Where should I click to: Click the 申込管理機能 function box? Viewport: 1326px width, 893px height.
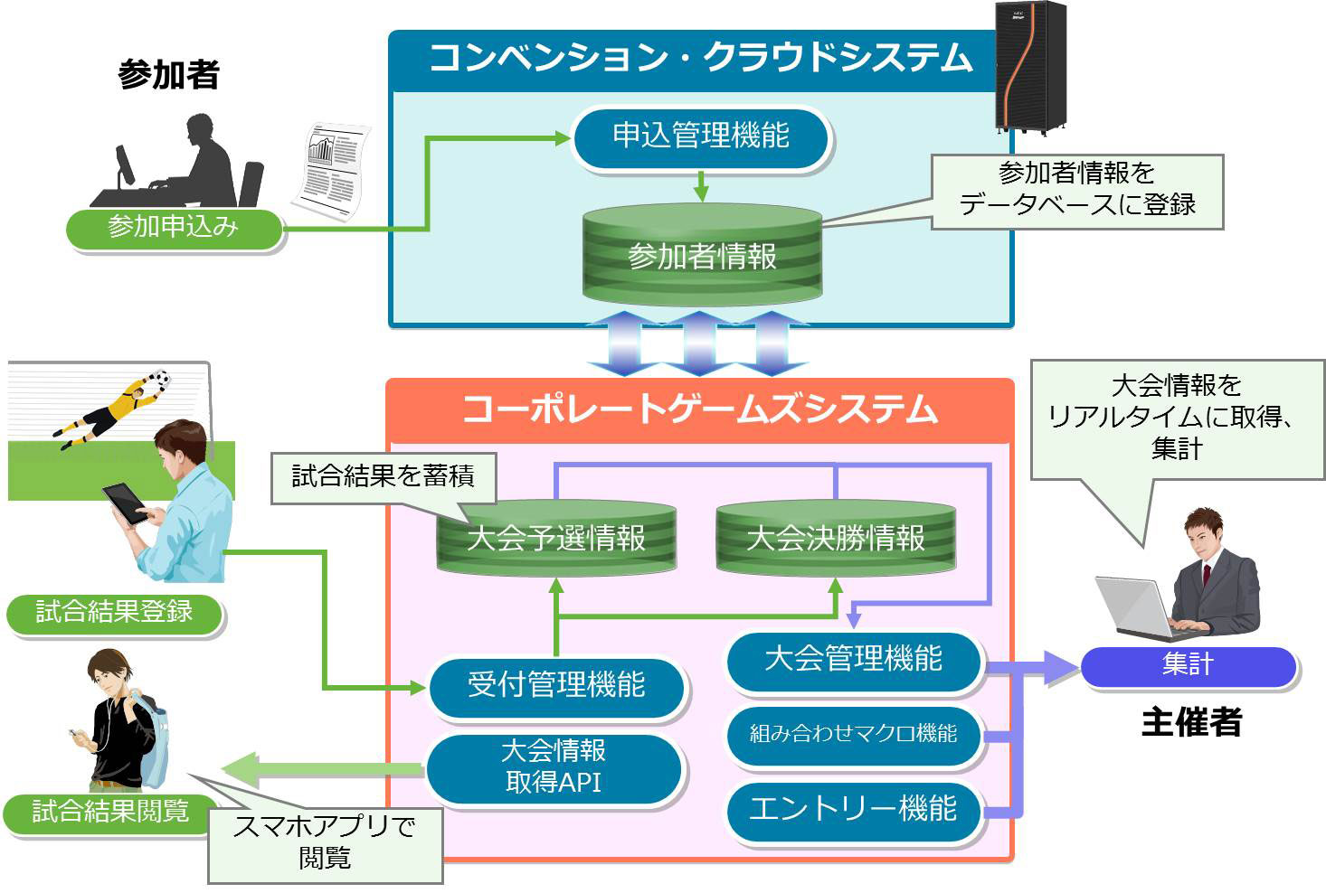pos(702,138)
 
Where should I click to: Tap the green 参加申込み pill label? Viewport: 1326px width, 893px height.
pos(174,229)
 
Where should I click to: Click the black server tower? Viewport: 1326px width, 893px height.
pos(1031,66)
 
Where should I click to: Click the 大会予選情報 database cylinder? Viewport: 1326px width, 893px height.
pos(556,537)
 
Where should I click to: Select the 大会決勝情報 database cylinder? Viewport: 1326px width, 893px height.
pos(836,537)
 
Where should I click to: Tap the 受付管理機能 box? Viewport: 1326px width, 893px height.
pos(556,686)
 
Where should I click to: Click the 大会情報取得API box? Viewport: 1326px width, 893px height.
pos(554,767)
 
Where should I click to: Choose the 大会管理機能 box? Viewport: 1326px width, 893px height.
pos(854,661)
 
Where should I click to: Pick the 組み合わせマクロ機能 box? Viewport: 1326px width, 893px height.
pos(854,735)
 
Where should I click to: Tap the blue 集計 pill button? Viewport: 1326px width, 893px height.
pos(1189,666)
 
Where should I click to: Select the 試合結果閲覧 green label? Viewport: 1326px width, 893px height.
pos(110,813)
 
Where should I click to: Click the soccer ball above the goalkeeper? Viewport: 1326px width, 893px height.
pos(160,379)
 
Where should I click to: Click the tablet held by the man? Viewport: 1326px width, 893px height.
pos(126,503)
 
